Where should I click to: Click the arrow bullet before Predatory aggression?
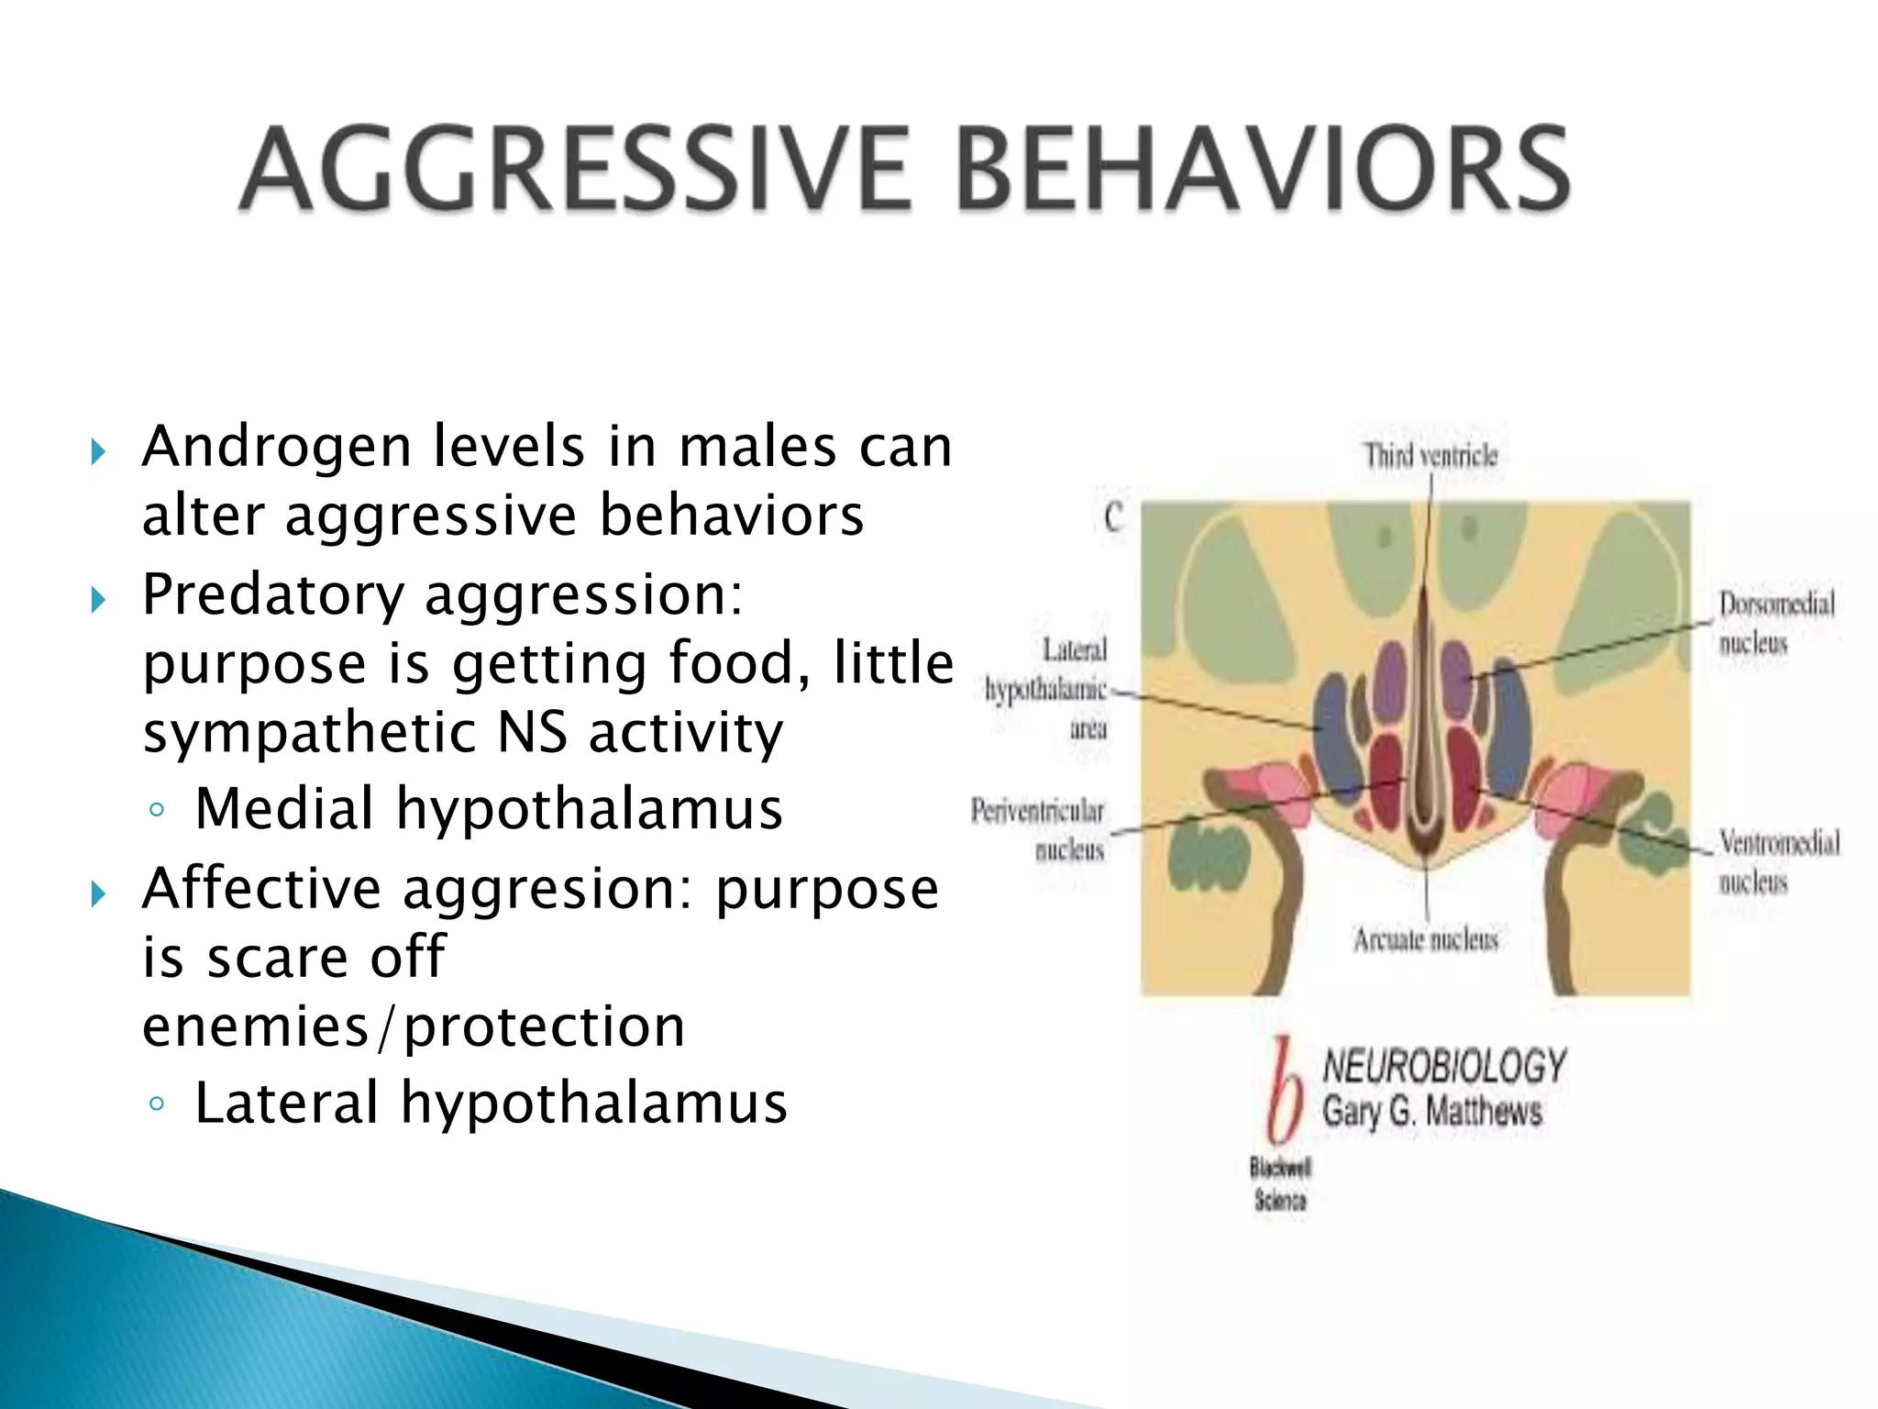99,601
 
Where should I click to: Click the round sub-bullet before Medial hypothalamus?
157,810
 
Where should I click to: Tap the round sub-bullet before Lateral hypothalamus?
157,1104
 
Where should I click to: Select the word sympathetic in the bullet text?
309,734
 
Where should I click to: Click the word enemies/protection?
414,1026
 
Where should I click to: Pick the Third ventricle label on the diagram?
1431,455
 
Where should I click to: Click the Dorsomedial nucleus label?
1776,623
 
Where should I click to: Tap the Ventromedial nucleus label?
1778,861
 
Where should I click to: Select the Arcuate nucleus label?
1426,939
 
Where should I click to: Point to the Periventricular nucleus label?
1039,830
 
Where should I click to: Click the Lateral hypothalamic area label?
1048,689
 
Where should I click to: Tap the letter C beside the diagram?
1114,518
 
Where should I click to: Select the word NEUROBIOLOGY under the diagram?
1444,1067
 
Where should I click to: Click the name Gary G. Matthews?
1431,1113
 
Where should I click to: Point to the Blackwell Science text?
1280,1183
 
